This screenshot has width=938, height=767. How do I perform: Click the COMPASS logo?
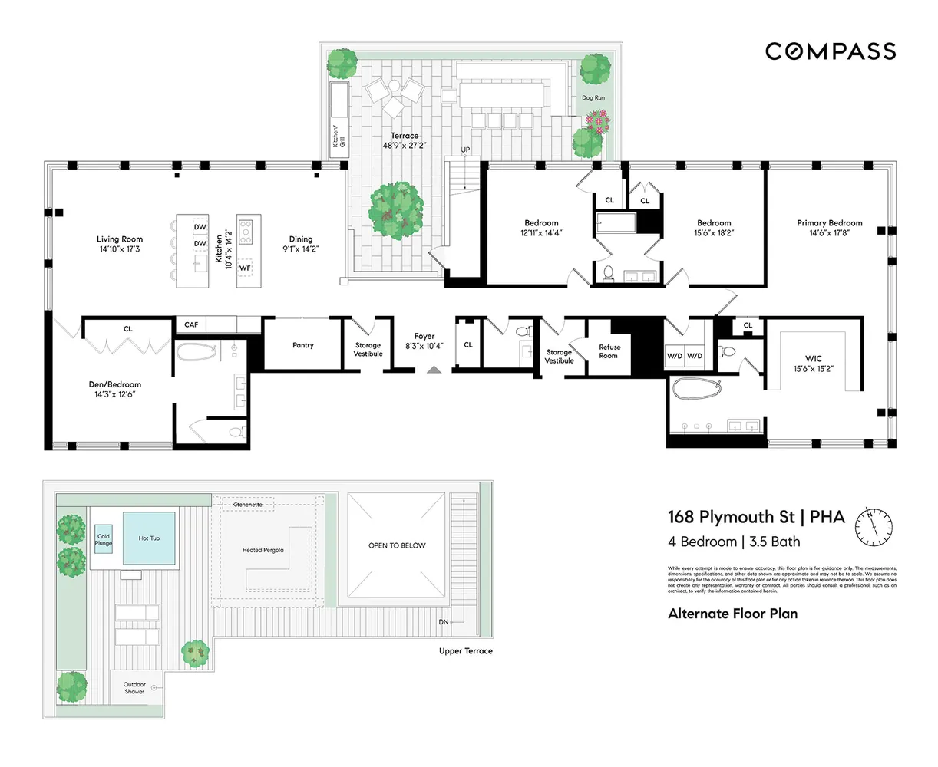click(830, 51)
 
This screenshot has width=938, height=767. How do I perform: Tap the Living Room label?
click(120, 239)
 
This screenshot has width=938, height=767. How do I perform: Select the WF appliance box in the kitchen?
click(245, 268)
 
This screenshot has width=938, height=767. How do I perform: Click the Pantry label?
click(303, 345)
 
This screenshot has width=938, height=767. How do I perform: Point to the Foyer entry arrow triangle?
click(434, 370)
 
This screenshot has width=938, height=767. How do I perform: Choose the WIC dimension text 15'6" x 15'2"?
click(814, 368)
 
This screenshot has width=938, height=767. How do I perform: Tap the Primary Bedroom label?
click(829, 223)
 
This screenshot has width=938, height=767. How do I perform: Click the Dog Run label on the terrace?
click(593, 98)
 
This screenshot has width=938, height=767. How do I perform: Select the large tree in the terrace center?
click(396, 207)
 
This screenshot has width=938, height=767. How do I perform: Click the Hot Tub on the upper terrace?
click(149, 538)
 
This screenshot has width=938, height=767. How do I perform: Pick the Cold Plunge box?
click(103, 540)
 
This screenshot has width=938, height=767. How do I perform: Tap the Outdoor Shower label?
click(134, 688)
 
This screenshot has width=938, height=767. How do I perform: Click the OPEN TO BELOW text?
click(396, 545)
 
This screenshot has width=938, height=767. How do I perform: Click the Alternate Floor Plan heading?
click(732, 614)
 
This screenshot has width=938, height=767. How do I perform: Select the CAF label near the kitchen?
click(191, 325)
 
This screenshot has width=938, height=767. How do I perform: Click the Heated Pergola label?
click(263, 550)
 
